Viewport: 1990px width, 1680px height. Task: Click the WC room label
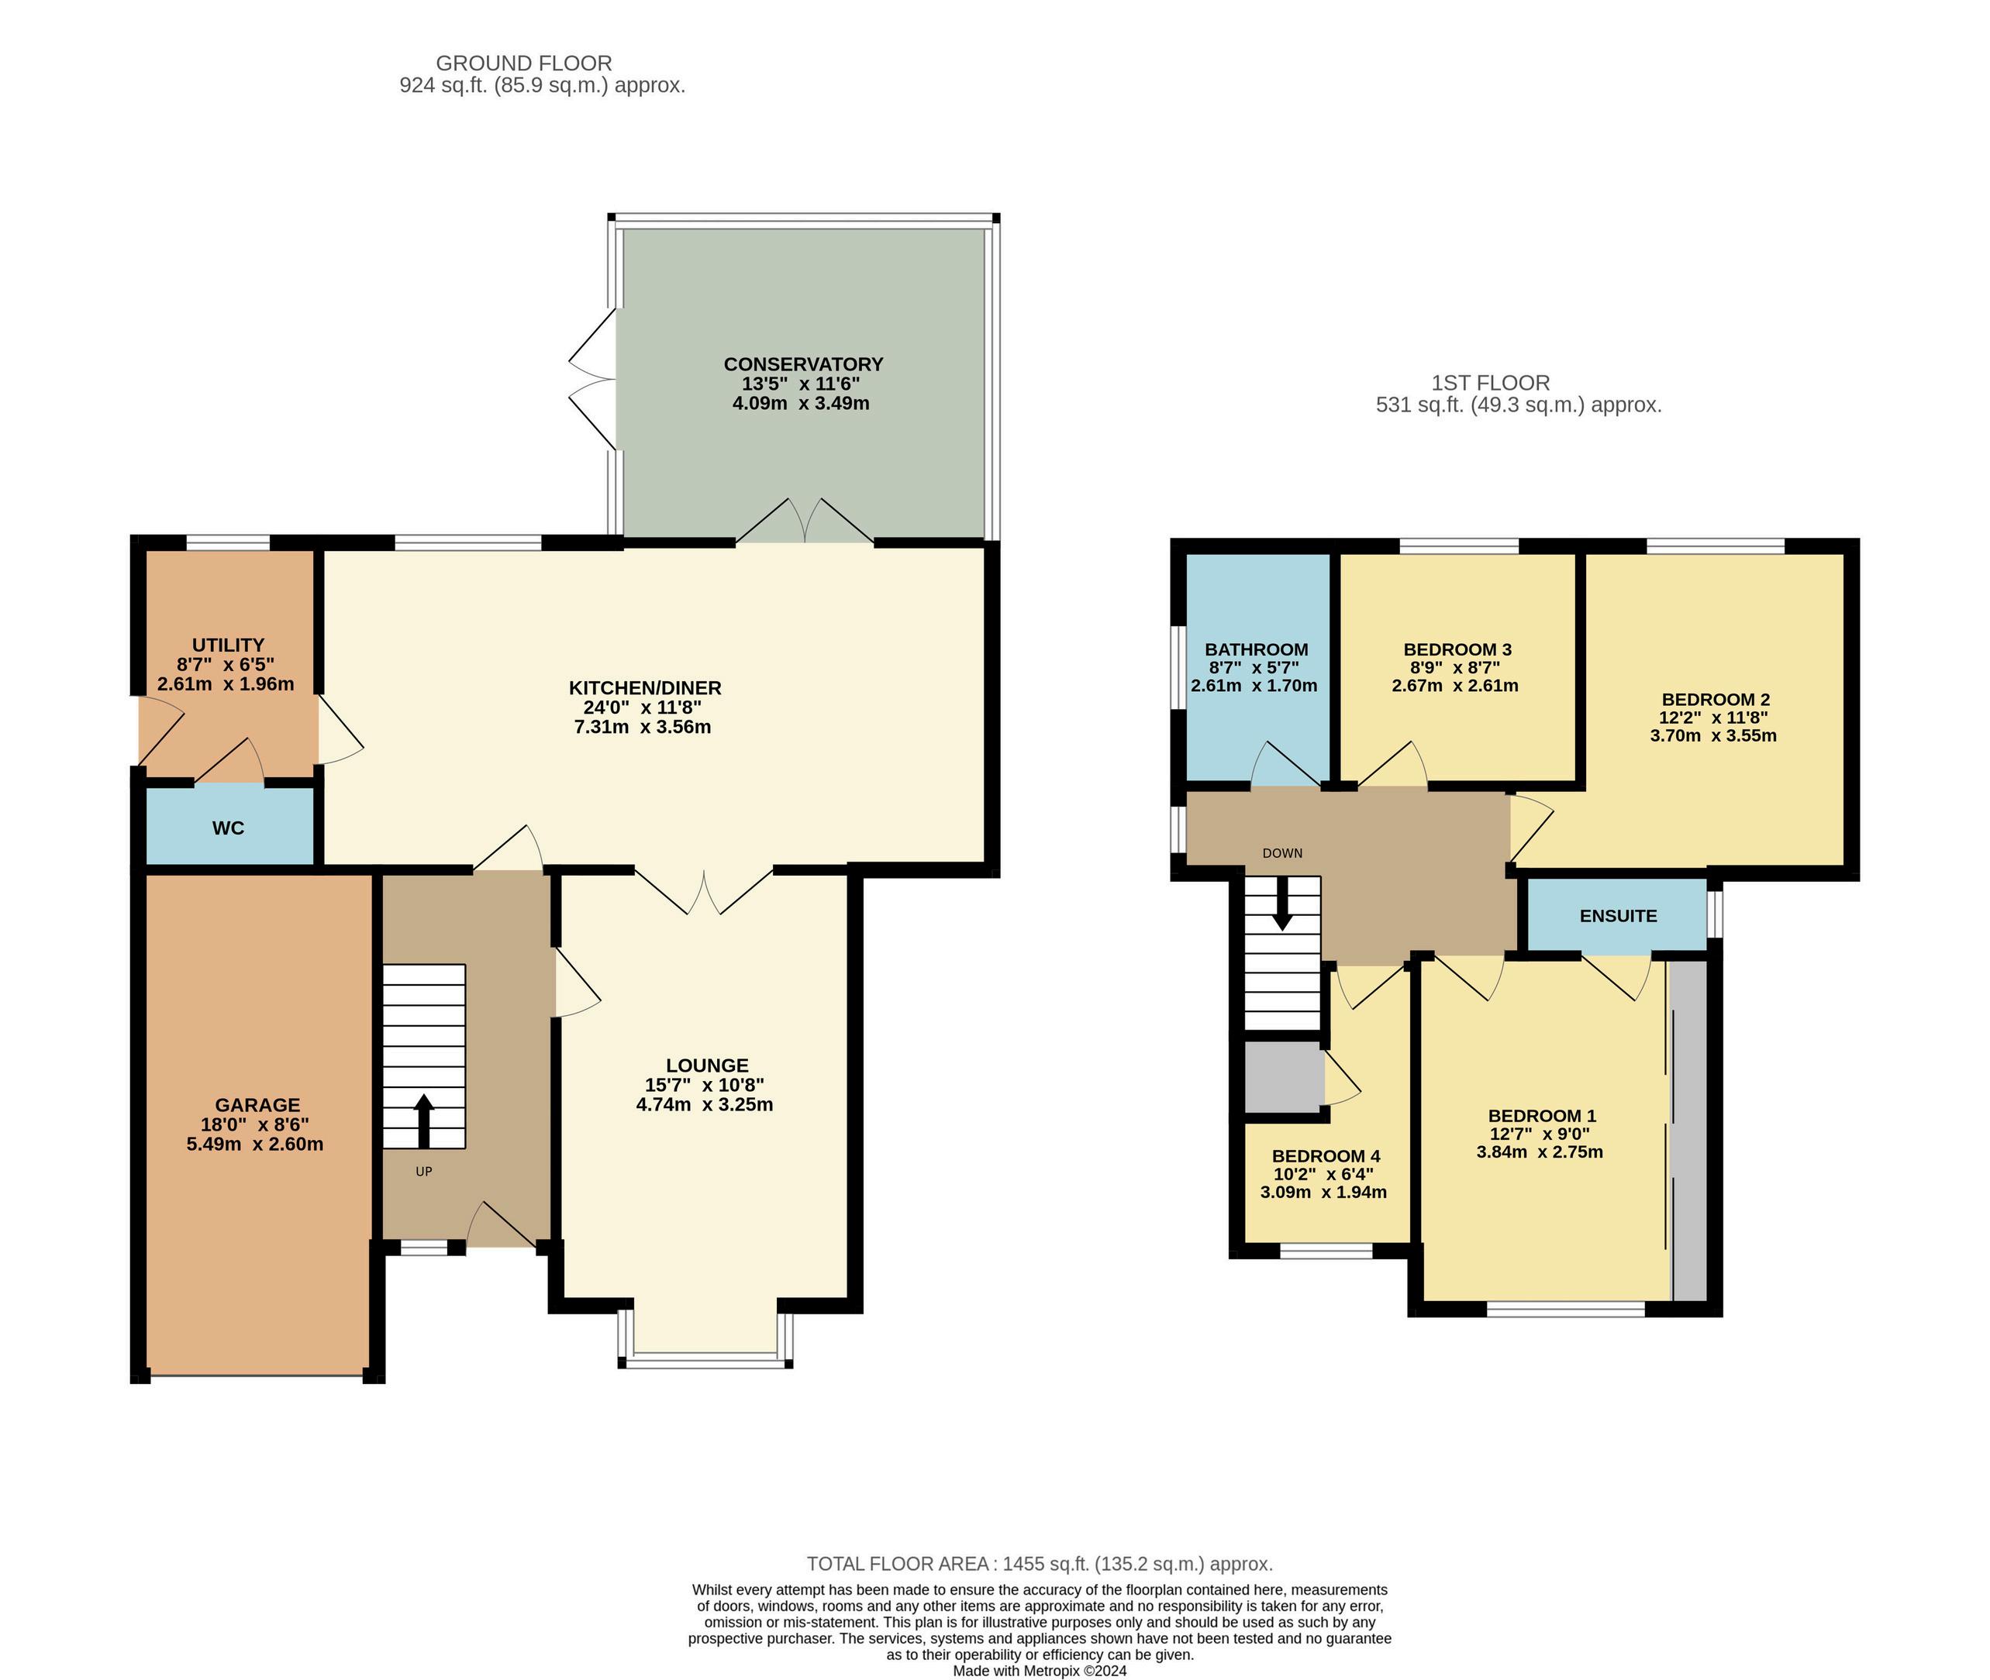tap(228, 828)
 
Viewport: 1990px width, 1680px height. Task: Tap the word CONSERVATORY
tap(803, 363)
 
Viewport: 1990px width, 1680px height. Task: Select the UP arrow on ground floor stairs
tap(424, 1121)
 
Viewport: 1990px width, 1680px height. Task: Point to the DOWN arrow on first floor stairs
tap(1282, 902)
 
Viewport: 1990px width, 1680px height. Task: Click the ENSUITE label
tap(1618, 915)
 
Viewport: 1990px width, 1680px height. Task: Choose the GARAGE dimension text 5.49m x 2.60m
tap(255, 1144)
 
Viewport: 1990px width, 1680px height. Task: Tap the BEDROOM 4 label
tap(1325, 1155)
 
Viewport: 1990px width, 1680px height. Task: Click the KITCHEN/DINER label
tap(645, 687)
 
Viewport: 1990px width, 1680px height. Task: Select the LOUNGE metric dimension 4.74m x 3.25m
tap(705, 1105)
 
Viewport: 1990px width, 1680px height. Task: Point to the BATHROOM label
tap(1256, 649)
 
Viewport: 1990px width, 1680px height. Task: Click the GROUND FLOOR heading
tap(524, 63)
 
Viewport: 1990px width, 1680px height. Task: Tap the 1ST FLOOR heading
tap(1490, 383)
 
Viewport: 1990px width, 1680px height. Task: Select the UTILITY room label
tap(228, 645)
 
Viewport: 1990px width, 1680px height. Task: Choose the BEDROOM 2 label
tap(1716, 699)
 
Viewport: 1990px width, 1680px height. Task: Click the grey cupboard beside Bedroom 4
tap(1283, 1077)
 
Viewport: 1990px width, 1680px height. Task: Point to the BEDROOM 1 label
tap(1542, 1115)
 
